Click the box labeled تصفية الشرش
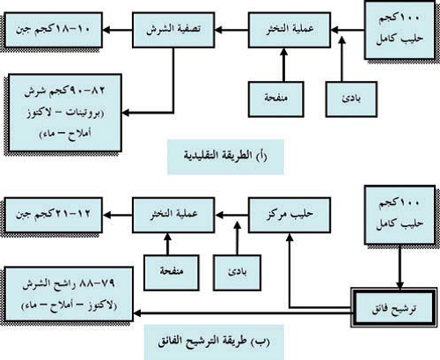pos(173,30)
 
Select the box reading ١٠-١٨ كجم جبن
pos(54,30)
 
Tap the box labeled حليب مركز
pos(290,215)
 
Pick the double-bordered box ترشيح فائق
pos(393,307)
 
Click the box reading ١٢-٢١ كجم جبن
pos(54,215)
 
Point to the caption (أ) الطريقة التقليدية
pos(225,156)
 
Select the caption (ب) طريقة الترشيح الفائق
pos(214,342)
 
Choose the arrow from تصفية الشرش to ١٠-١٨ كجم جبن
pos(117,30)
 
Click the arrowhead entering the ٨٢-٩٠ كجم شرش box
pos(126,113)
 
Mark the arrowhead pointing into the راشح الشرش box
pos(137,313)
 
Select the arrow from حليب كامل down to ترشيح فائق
pos(400,267)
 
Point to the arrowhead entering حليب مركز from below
pos(290,238)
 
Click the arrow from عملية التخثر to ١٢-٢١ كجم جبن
pos(117,215)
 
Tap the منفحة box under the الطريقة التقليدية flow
pos(275,99)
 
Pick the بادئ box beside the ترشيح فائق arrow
pos(237,273)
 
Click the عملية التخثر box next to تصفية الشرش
pos(290,30)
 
